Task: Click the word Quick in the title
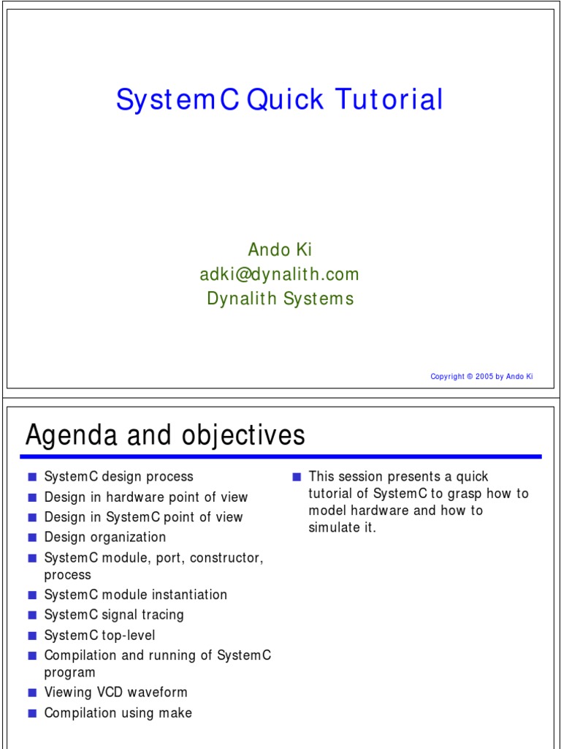tap(286, 100)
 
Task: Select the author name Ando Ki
tap(280, 250)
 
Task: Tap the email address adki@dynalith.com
tap(280, 274)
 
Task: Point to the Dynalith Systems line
tap(280, 298)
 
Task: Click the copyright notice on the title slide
tap(481, 377)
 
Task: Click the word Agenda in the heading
tap(71, 436)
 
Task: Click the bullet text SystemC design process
tap(118, 477)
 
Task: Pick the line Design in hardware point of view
tap(145, 497)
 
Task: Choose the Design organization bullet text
tap(104, 537)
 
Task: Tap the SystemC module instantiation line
tap(135, 595)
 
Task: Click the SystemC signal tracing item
tap(114, 615)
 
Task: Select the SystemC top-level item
tap(99, 636)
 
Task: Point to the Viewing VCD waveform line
tap(115, 692)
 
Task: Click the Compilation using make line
tap(118, 712)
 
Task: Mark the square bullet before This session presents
tap(297, 477)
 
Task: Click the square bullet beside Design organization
tap(32, 538)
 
